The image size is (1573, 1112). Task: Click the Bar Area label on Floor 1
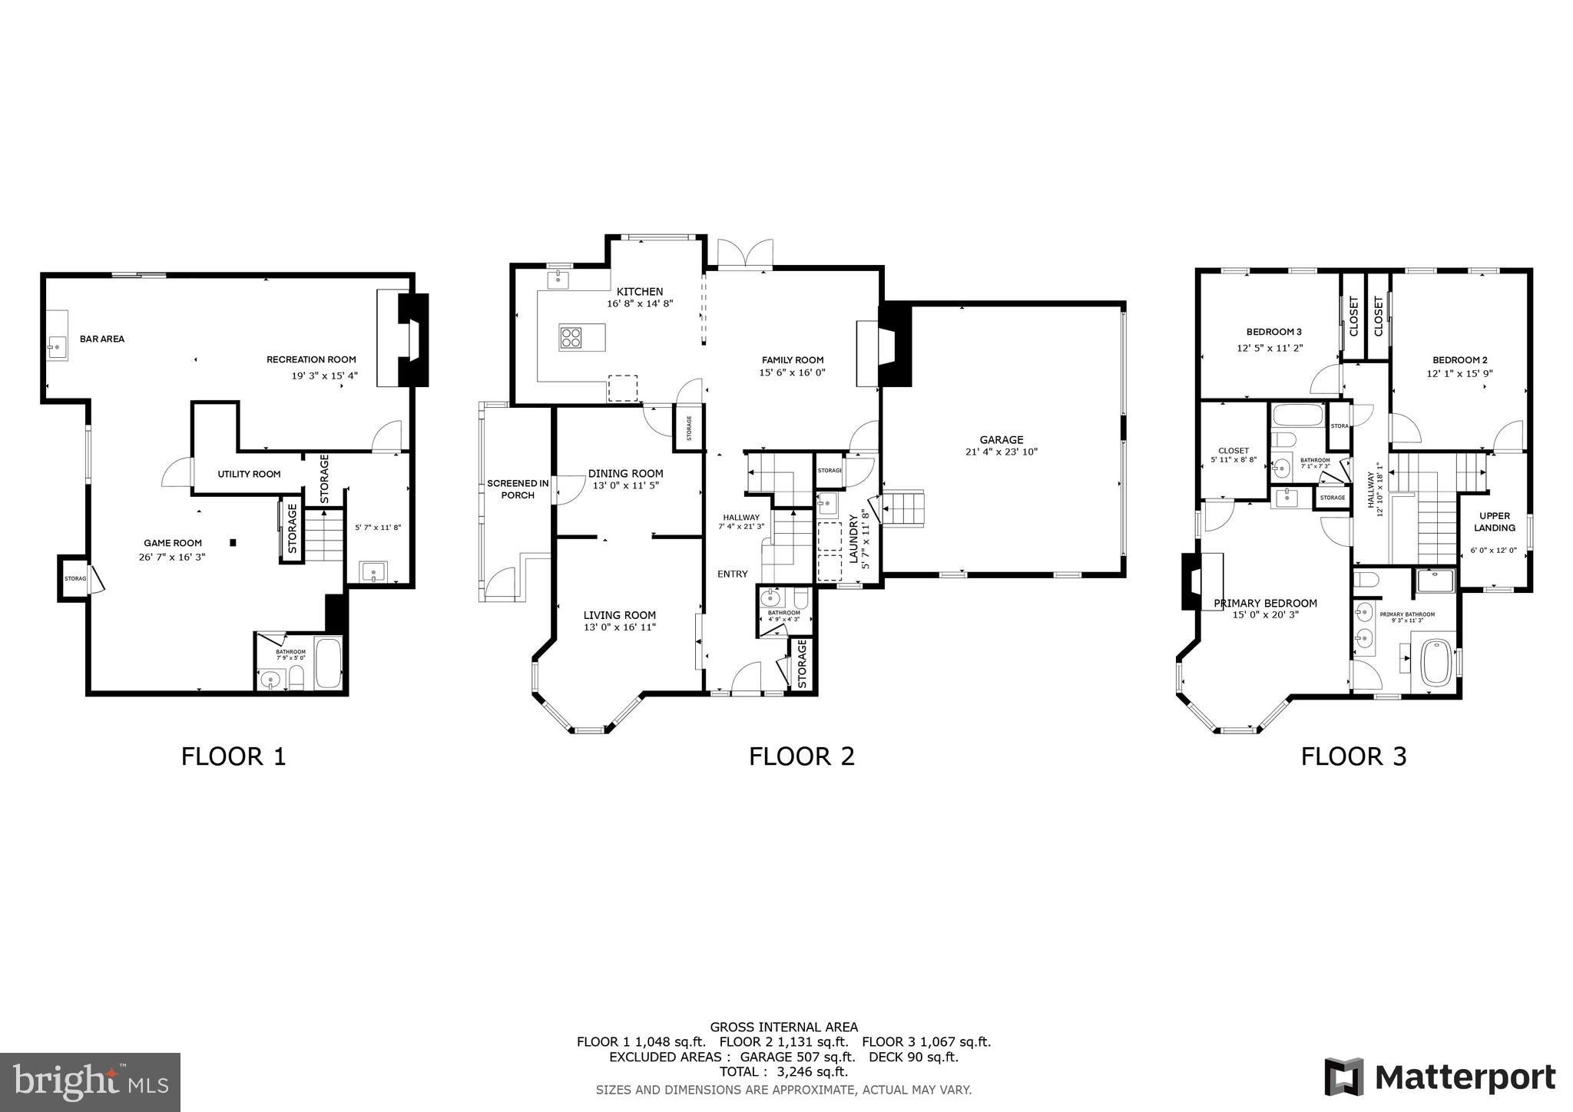(101, 339)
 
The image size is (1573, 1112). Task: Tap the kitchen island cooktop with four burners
(571, 338)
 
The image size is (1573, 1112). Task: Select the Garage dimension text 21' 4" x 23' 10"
(1001, 452)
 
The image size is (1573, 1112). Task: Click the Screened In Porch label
(518, 489)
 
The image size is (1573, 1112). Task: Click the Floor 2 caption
(801, 756)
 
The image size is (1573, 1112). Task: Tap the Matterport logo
(1440, 1077)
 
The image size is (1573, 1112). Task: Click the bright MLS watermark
(91, 1082)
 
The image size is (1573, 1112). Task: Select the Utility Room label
(249, 474)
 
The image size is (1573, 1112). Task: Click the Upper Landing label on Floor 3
(1494, 521)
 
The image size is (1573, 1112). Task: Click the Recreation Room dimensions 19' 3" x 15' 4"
(324, 376)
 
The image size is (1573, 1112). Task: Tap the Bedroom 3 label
(1273, 332)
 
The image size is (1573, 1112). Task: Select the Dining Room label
(625, 473)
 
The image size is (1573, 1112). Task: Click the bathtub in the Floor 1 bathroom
(329, 664)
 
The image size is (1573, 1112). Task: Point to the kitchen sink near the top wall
(558, 280)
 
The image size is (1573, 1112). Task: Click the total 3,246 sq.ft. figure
(783, 1071)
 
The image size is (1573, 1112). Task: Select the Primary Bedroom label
(1265, 603)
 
